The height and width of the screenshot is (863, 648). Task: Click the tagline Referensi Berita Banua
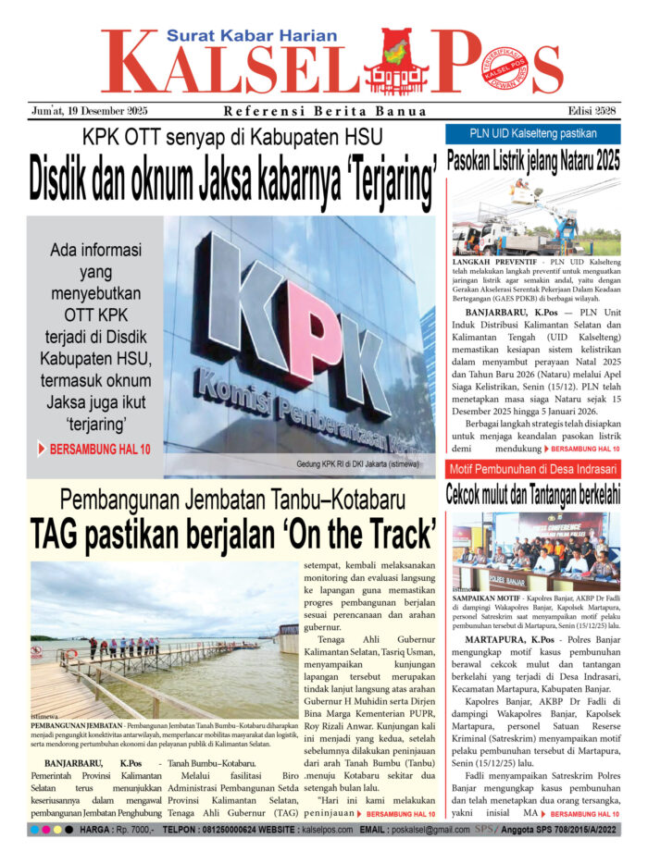[x=325, y=112]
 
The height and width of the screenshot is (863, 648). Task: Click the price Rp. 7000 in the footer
[x=132, y=830]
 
